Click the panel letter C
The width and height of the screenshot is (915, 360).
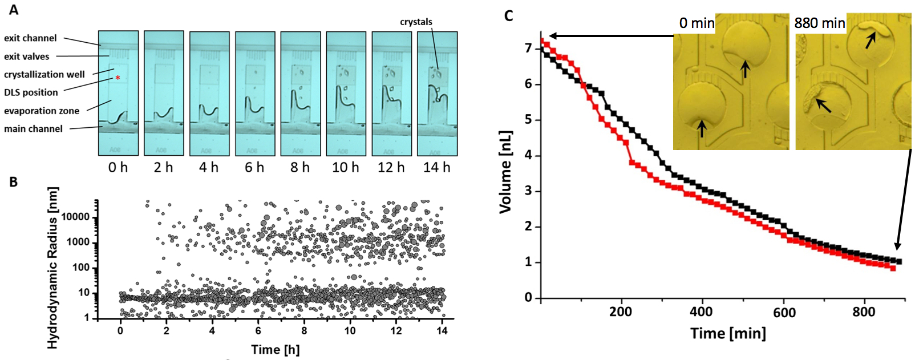click(509, 15)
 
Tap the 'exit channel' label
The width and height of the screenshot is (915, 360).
click(30, 38)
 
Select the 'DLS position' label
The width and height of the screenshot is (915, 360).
click(31, 92)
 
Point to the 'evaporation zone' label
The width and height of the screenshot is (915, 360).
click(42, 111)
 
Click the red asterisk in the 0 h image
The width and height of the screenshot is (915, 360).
click(118, 78)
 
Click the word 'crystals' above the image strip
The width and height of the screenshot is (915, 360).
click(416, 22)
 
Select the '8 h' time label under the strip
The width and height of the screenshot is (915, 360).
click(300, 167)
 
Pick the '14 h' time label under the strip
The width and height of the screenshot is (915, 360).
click(436, 167)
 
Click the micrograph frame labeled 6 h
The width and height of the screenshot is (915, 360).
click(255, 93)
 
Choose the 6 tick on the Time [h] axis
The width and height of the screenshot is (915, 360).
click(258, 330)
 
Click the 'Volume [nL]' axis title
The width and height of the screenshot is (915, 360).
click(505, 172)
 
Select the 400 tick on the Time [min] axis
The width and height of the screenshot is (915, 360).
click(701, 312)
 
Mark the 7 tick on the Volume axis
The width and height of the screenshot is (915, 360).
click(528, 48)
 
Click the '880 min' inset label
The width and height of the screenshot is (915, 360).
click(819, 23)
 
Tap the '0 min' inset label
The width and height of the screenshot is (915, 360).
click(697, 23)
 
